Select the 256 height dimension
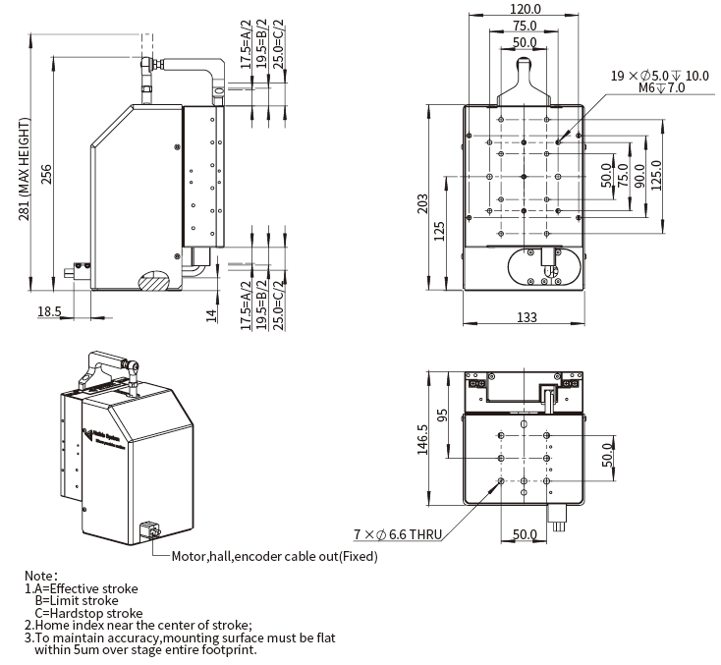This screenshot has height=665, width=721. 46,173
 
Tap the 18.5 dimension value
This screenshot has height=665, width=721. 49,311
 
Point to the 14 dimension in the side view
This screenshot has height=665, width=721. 210,313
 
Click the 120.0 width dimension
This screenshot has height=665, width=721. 524,9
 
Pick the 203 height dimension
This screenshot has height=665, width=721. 423,203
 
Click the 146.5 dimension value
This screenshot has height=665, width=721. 422,439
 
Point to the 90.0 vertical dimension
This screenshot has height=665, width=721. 639,175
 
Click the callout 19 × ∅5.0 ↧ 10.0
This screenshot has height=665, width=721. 659,76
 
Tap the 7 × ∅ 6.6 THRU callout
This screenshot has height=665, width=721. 398,535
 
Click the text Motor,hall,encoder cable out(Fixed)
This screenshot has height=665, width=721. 274,556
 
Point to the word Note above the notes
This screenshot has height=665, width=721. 41,576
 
